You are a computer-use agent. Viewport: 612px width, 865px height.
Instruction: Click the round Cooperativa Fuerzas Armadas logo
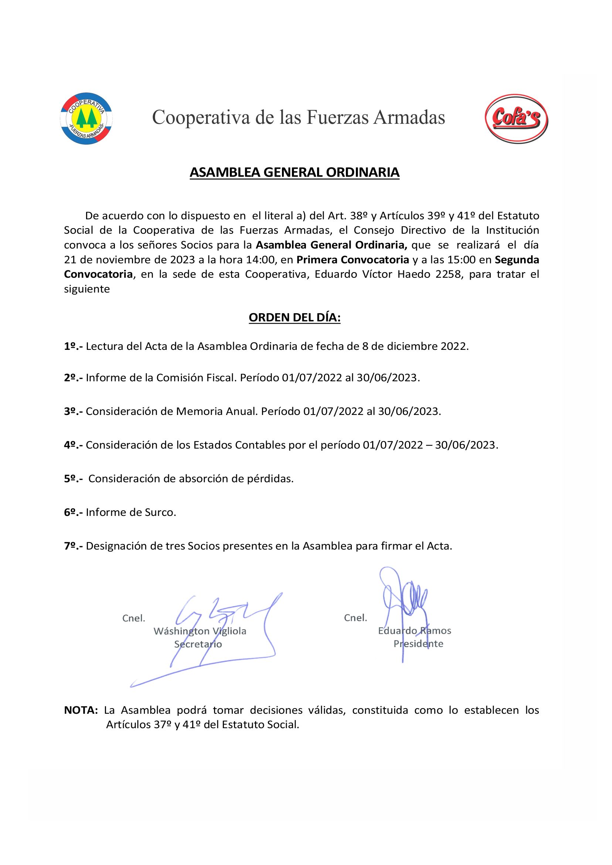(x=86, y=118)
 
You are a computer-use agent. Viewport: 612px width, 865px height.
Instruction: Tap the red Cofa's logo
(x=516, y=118)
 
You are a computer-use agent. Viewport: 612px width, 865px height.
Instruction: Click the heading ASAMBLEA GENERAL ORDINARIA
(x=294, y=172)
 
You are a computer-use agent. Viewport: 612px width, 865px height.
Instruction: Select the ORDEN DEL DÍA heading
(x=294, y=318)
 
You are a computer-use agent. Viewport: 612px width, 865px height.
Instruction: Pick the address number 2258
(x=448, y=274)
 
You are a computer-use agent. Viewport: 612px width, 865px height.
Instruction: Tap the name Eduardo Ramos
(x=415, y=631)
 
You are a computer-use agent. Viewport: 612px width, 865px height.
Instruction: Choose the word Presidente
(x=418, y=643)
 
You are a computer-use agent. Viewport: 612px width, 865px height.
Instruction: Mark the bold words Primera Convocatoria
(x=353, y=260)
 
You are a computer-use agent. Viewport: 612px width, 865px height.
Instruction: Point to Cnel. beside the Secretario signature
(x=134, y=618)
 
